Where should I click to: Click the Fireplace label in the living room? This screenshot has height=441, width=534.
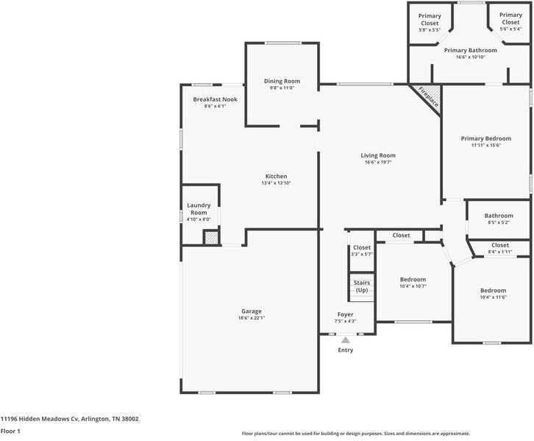(x=428, y=98)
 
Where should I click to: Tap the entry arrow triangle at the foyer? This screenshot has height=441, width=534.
(x=345, y=339)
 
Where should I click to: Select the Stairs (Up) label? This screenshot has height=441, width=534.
(x=362, y=286)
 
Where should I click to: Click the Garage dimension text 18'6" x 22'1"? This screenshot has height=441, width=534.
(x=252, y=318)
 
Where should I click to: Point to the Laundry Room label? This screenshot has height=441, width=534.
(x=199, y=209)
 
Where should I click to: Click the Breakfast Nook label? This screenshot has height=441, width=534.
(x=215, y=99)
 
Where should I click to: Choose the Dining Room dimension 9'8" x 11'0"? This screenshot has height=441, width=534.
(x=282, y=88)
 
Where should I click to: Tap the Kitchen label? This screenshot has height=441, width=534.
(x=276, y=176)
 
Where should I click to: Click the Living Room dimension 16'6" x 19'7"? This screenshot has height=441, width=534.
(x=378, y=163)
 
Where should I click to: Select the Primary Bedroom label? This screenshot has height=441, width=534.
(x=485, y=138)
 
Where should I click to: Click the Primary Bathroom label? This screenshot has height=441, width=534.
(x=470, y=50)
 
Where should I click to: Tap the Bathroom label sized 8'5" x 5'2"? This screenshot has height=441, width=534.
(x=498, y=215)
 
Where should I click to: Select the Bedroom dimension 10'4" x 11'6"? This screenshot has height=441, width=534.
(x=493, y=297)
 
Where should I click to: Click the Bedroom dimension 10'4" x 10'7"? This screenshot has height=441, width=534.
(x=413, y=286)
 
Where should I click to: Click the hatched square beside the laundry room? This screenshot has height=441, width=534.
(x=211, y=237)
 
